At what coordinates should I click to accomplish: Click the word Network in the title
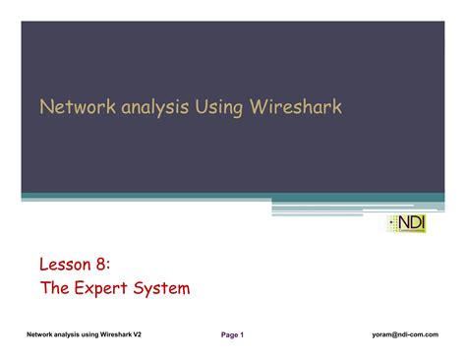pos(72,106)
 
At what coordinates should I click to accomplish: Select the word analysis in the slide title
pos(148,106)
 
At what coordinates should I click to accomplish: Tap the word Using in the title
pos(214,106)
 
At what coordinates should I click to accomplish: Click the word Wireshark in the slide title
pos(292,106)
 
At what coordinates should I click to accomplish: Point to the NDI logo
pos(408,223)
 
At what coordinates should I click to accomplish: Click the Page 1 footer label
pos(232,335)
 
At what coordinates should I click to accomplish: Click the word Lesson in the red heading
pos(64,265)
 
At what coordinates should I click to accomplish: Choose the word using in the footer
pos(81,335)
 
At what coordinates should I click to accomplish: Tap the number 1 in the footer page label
pos(241,335)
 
